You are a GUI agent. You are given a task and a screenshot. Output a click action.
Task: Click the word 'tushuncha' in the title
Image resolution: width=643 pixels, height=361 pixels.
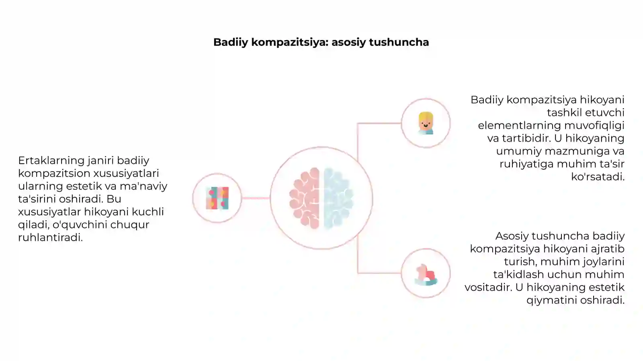399,42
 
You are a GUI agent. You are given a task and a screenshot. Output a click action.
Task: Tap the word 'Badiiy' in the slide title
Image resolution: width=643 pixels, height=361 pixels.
231,43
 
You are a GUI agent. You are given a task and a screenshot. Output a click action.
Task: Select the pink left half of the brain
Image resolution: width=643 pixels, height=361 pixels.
305,198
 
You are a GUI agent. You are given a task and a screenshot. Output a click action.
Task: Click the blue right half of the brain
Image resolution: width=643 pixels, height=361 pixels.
338,198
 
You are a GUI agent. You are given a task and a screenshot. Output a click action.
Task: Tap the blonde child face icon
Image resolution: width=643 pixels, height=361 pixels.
426,123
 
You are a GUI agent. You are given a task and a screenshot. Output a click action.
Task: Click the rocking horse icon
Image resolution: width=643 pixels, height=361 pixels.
426,274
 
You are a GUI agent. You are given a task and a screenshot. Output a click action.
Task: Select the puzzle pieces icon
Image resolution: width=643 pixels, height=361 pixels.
217,198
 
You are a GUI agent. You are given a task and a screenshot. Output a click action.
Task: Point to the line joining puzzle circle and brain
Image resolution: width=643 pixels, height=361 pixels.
256,198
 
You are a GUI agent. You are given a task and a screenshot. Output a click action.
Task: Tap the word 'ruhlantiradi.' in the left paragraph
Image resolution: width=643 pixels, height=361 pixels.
51,237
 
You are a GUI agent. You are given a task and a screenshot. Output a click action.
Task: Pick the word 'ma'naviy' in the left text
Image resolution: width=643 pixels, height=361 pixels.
143,186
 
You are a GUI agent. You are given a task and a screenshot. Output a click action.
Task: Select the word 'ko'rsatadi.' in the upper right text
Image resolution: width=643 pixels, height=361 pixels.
598,176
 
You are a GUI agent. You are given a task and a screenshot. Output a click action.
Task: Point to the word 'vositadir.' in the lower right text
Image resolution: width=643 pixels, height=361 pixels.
488,287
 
